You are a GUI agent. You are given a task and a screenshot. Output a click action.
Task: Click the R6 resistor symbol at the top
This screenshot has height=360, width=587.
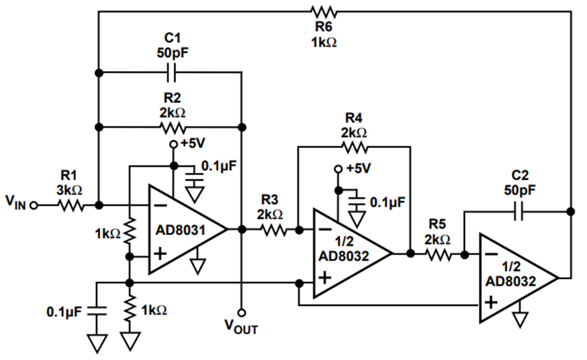click(324, 12)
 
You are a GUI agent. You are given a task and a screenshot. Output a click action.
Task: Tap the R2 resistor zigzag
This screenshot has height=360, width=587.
click(172, 128)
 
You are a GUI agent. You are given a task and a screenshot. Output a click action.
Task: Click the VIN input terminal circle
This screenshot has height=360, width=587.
click(34, 205)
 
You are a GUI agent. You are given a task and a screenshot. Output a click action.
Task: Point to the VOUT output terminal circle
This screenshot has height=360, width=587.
click(242, 312)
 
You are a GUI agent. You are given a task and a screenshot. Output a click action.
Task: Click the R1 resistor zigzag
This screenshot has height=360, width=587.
click(70, 205)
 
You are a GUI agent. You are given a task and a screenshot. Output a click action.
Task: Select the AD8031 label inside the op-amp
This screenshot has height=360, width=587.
click(181, 230)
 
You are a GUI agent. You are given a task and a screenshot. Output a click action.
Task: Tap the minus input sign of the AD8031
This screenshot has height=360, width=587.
click(160, 205)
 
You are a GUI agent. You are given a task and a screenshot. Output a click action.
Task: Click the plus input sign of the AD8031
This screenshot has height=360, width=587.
click(160, 254)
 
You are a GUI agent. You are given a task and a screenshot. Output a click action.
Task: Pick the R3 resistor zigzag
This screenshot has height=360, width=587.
click(275, 230)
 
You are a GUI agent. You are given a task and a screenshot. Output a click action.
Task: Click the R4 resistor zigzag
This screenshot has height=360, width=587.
click(354, 147)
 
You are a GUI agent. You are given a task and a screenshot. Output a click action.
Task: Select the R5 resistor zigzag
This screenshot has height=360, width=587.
click(438, 254)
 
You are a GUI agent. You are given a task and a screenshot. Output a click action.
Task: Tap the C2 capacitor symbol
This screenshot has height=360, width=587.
click(519, 211)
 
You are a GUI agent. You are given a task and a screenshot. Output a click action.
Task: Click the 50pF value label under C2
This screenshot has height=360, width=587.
click(519, 190)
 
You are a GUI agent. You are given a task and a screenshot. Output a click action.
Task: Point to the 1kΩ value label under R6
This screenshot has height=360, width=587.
click(324, 42)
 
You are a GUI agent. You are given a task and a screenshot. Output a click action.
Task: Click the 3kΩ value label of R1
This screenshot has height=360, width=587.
click(70, 190)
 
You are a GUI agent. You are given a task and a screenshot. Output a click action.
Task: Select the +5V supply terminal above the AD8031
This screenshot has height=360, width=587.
click(173, 144)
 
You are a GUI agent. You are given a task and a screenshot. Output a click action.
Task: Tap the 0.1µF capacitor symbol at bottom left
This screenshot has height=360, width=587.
click(97, 310)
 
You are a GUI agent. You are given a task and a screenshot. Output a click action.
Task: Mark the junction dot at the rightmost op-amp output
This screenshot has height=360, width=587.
click(571, 211)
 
